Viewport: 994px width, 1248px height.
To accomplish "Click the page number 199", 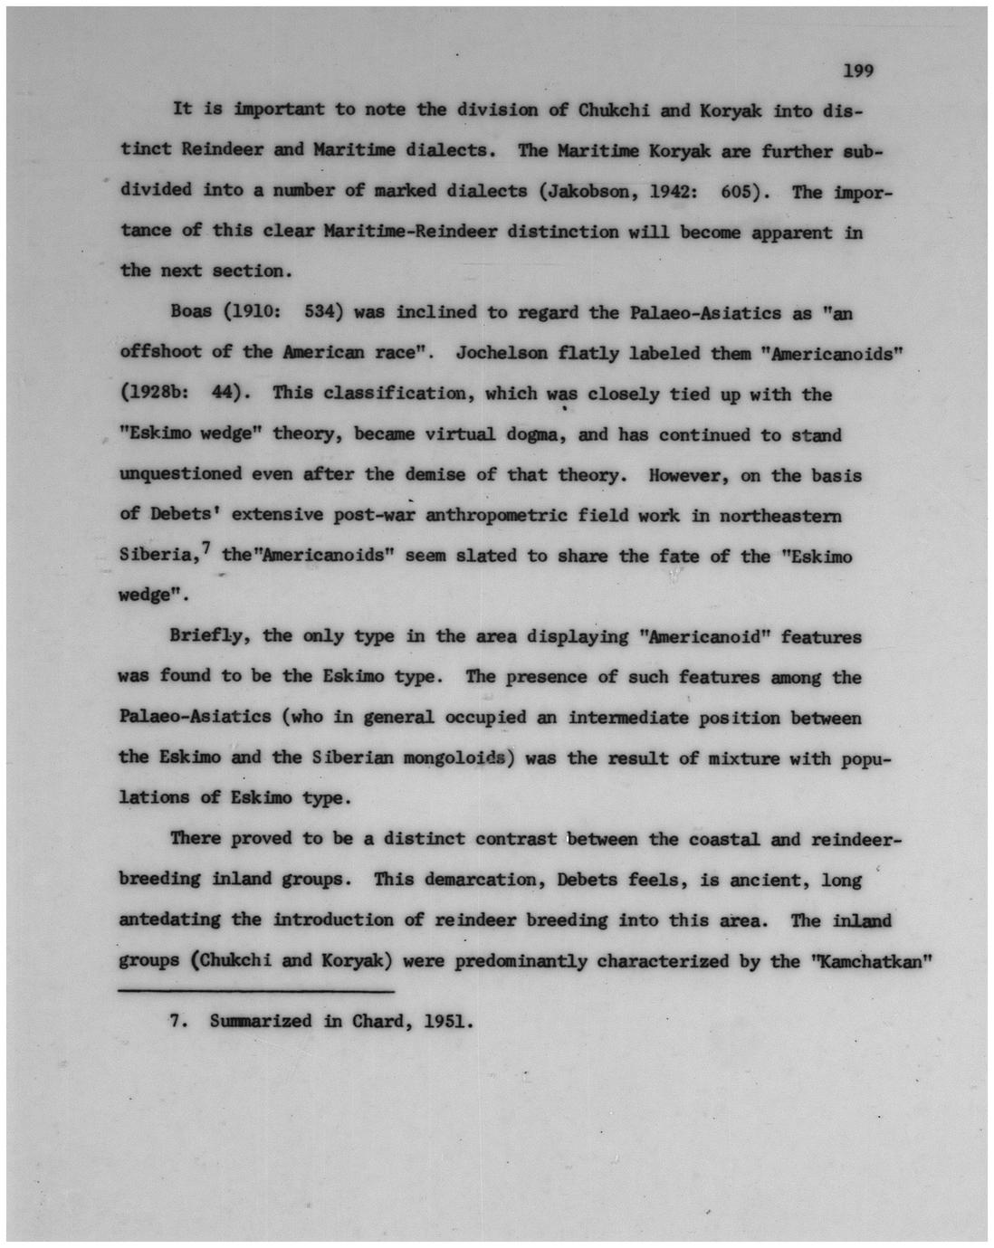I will pyautogui.click(x=856, y=71).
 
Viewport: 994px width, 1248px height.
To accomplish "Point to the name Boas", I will pyautogui.click(x=191, y=312).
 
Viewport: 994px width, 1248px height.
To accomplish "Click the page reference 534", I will pyautogui.click(x=322, y=312).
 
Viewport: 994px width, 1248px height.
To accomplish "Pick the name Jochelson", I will pyautogui.click(x=502, y=352).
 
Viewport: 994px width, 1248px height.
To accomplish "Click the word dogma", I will pyautogui.click(x=534, y=434).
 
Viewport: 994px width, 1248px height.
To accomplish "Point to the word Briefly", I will pyautogui.click(x=206, y=635).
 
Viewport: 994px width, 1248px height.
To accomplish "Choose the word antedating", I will pyautogui.click(x=169, y=919).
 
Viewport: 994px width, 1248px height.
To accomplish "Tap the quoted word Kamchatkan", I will pyautogui.click(x=871, y=960).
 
